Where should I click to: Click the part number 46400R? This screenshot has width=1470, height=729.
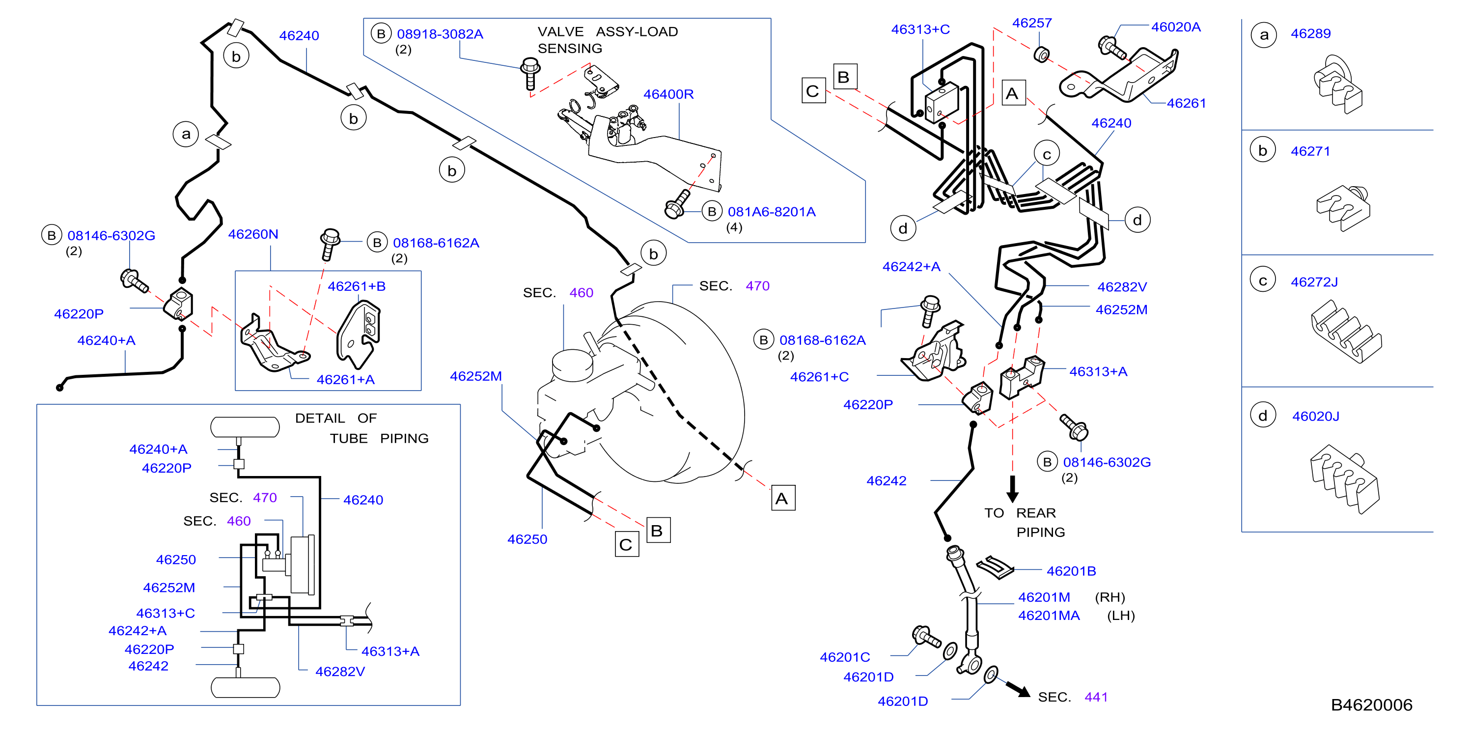[668, 94]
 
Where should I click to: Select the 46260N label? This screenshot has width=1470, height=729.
[253, 234]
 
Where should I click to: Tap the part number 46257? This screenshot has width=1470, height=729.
[1032, 23]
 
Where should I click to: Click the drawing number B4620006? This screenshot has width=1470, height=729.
[1371, 705]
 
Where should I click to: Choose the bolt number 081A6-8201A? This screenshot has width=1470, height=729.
[772, 212]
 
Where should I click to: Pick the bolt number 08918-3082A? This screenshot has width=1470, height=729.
[440, 34]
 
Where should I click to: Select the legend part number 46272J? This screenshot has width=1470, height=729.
[1314, 282]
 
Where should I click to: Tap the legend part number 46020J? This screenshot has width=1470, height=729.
[1315, 416]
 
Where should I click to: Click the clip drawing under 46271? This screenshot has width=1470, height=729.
[1343, 208]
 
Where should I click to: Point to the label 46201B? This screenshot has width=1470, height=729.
[1071, 571]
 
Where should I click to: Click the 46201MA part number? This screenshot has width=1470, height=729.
[1049, 616]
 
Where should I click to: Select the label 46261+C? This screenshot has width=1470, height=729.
[819, 377]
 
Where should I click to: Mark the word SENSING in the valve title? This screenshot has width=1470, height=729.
[570, 49]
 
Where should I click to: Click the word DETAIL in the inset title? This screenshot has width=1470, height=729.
[320, 419]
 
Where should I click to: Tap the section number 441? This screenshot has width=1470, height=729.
[1096, 697]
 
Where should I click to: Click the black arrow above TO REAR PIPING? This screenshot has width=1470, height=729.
[1012, 489]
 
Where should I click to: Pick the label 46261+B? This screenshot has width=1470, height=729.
[356, 286]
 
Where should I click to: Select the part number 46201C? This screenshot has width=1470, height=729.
[845, 657]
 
